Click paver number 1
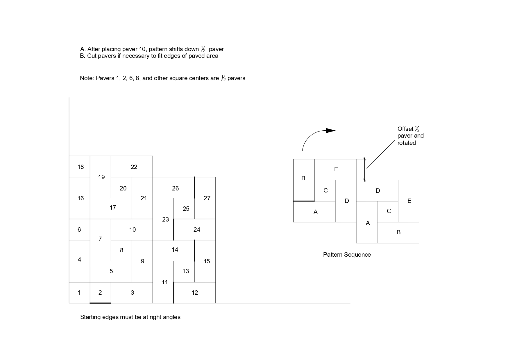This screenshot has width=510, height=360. pyautogui.click(x=79, y=293)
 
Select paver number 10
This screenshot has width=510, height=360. pyautogui.click(x=132, y=230)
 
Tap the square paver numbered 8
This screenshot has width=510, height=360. pyautogui.click(x=121, y=250)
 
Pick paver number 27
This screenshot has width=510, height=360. pyautogui.click(x=207, y=198)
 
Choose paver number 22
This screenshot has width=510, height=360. pyautogui.click(x=134, y=167)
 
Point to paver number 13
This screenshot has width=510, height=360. pyautogui.click(x=185, y=271)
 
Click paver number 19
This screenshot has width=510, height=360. pyautogui.click(x=101, y=177)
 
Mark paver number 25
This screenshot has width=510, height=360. pyautogui.click(x=186, y=209)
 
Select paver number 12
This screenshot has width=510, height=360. pyautogui.click(x=195, y=293)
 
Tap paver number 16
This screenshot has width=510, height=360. pyautogui.click(x=80, y=198)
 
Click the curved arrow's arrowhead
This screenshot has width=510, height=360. pyautogui.click(x=330, y=131)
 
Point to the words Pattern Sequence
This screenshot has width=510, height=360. pyautogui.click(x=347, y=255)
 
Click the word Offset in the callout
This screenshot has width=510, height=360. pyautogui.click(x=405, y=129)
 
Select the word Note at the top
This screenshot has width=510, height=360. pyautogui.click(x=86, y=78)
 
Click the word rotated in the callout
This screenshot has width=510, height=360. pyautogui.click(x=407, y=143)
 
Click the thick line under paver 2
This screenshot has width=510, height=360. pyautogui.click(x=100, y=303)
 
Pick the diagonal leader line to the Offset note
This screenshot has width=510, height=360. pyautogui.click(x=381, y=154)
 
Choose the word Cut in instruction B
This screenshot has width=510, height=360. pyautogui.click(x=92, y=56)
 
